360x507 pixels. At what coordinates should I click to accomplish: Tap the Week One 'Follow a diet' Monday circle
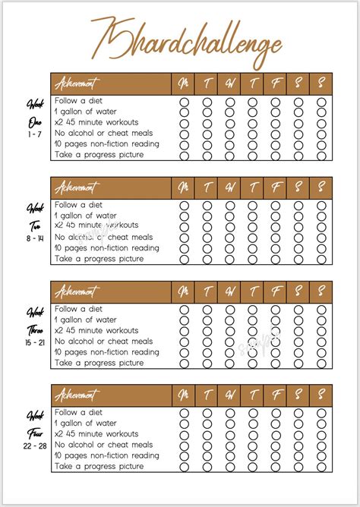click(183, 102)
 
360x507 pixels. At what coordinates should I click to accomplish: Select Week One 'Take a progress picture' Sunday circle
click(321, 155)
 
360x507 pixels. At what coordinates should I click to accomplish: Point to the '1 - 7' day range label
click(35, 134)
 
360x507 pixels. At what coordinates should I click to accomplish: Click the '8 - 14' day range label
click(35, 238)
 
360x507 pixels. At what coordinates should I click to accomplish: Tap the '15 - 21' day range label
click(35, 343)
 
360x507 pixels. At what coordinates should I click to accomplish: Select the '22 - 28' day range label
click(35, 446)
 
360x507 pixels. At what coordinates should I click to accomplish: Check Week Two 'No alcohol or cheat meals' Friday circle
click(275, 238)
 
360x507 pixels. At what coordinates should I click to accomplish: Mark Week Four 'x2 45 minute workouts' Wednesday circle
click(229, 434)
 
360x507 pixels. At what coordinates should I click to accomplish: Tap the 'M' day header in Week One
click(183, 83)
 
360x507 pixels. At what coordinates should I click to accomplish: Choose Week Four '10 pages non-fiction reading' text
click(106, 455)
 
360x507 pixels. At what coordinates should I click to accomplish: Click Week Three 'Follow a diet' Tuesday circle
click(207, 310)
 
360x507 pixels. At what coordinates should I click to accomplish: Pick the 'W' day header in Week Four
click(229, 395)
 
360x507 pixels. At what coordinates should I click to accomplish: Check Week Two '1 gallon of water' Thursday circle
click(252, 216)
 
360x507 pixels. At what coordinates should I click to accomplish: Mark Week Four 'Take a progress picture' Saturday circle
click(298, 467)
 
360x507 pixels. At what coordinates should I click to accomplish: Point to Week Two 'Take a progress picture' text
click(99, 259)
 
